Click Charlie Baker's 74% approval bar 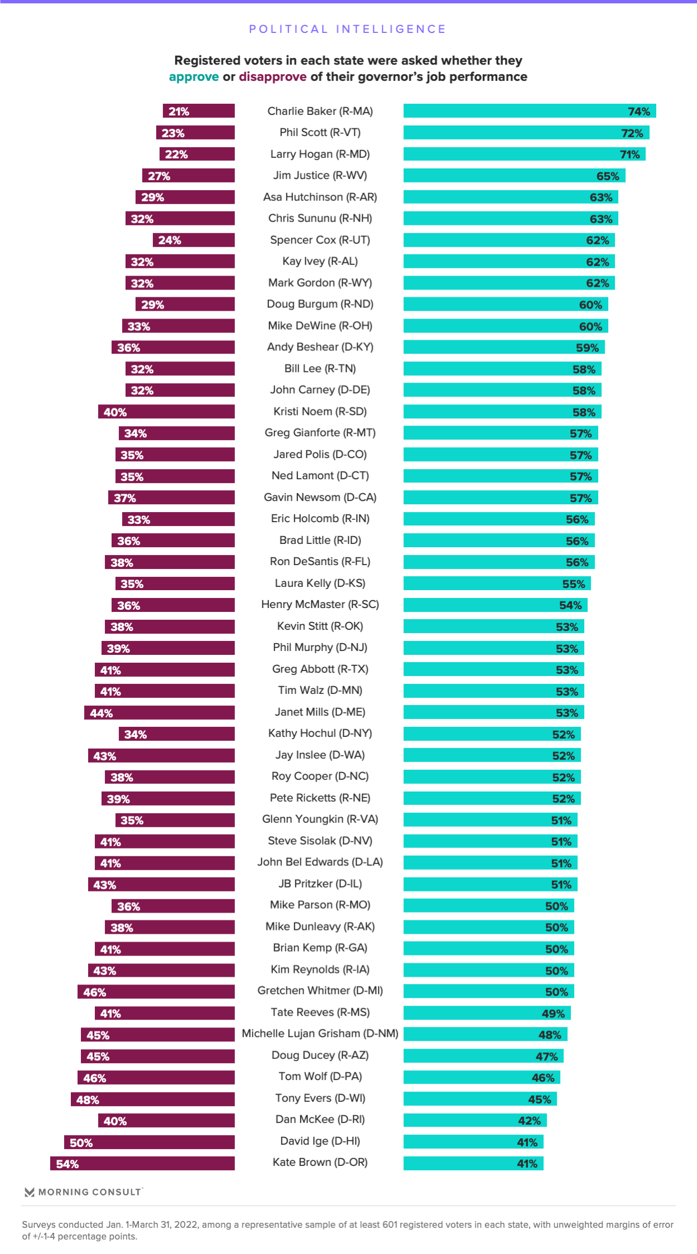[x=529, y=111]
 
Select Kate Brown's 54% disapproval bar [x=142, y=1164]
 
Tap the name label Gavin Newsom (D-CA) [x=320, y=497]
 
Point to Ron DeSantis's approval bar [x=498, y=562]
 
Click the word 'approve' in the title [x=194, y=77]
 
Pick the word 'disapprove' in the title [x=273, y=77]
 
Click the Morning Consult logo [x=84, y=1192]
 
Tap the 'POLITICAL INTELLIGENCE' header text [x=348, y=29]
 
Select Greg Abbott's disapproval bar [x=165, y=670]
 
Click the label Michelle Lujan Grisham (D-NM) [x=320, y=1034]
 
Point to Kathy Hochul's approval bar [x=492, y=734]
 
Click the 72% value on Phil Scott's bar [x=632, y=133]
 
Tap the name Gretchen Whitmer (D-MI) [x=320, y=991]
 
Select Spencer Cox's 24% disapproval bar [x=194, y=240]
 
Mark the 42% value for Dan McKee [x=529, y=1121]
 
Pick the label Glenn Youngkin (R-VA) [x=320, y=819]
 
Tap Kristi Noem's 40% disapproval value [x=115, y=412]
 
